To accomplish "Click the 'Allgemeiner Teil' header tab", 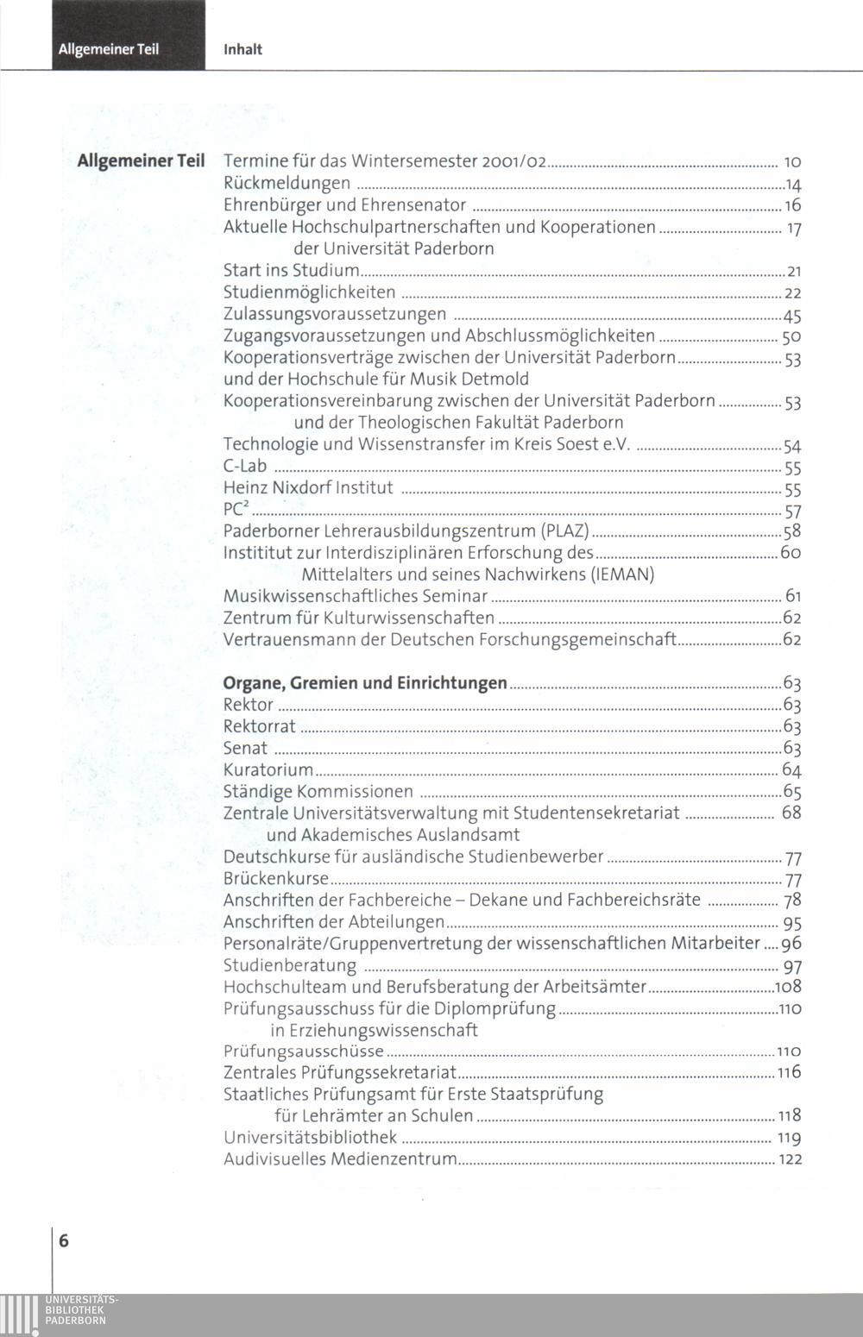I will click(x=109, y=49).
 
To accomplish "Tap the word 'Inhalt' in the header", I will click(x=243, y=50).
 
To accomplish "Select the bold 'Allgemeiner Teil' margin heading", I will click(x=141, y=161).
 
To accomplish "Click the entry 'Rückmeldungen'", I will click(x=287, y=183).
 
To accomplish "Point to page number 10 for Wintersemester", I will click(x=793, y=162).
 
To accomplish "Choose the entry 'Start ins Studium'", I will click(x=291, y=271).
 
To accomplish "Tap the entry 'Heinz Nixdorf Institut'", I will click(x=308, y=488).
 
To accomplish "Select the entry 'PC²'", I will click(x=236, y=510).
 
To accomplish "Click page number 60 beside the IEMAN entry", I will click(x=791, y=552).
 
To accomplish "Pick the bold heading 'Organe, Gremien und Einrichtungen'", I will click(x=365, y=683).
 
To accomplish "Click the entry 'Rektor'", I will click(x=248, y=705).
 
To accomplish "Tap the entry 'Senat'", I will click(x=245, y=748).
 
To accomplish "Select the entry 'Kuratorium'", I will click(x=268, y=769).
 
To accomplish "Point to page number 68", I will click(x=791, y=813).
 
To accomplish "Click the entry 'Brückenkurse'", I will click(x=276, y=879).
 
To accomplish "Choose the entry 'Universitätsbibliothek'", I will click(x=310, y=1138).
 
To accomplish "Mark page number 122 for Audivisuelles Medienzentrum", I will click(x=791, y=1160).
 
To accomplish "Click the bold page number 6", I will click(x=65, y=1241).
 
